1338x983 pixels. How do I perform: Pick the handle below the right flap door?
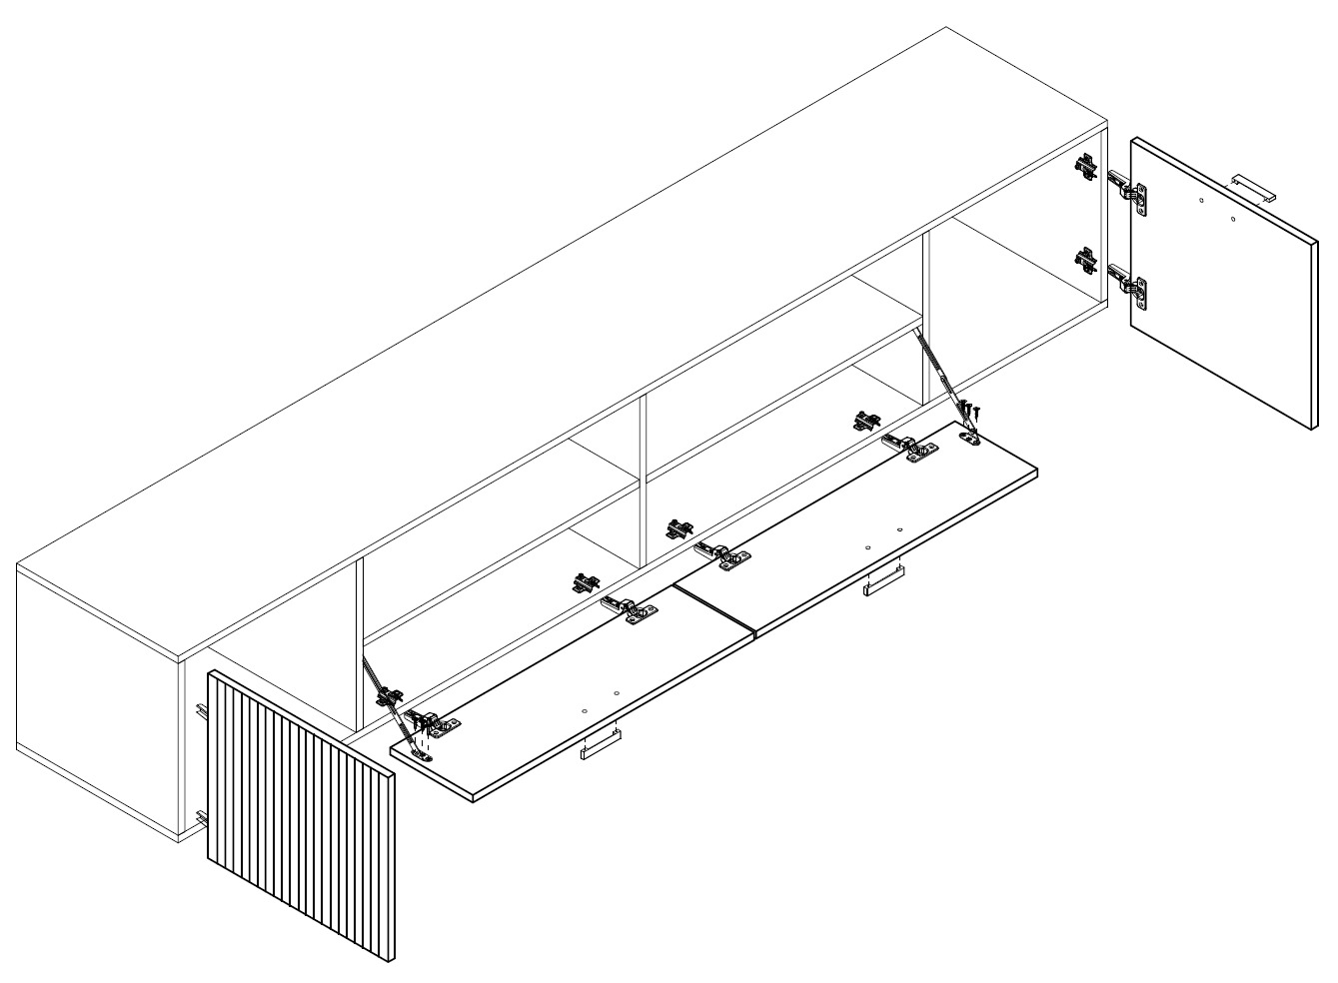point(884,580)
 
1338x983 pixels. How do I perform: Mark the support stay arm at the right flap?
point(939,370)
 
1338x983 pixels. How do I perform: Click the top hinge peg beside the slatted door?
point(200,710)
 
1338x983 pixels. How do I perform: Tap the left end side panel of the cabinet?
point(95,689)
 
